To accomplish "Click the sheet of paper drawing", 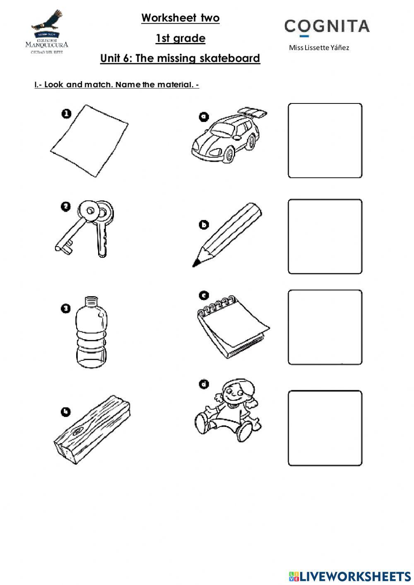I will pyautogui.click(x=89, y=141).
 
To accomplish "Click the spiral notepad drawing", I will pyautogui.click(x=232, y=327).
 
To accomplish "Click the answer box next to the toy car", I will pyautogui.click(x=325, y=141).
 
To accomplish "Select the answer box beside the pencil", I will pyautogui.click(x=325, y=237).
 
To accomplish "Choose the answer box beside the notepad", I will pyautogui.click(x=325, y=327).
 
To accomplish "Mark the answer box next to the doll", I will pyautogui.click(x=325, y=428).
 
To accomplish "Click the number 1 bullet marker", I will pyautogui.click(x=67, y=114).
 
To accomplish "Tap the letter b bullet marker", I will pyautogui.click(x=204, y=225).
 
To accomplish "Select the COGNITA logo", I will pyautogui.click(x=327, y=26).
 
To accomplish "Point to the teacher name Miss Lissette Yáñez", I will pyautogui.click(x=319, y=48).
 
